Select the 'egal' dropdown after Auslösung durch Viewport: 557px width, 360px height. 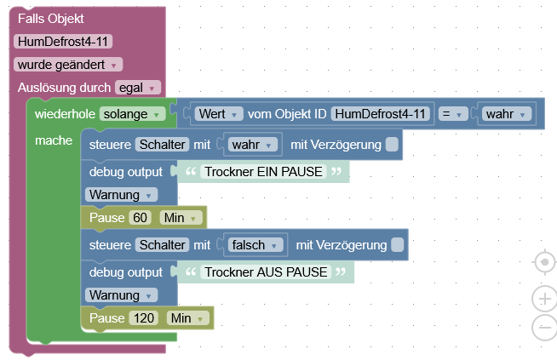coord(137,87)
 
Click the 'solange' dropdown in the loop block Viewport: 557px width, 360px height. coord(132,113)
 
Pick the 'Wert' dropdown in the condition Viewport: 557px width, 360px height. coord(219,113)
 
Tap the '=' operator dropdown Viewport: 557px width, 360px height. coord(449,113)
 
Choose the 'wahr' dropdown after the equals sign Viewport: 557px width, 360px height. coord(507,113)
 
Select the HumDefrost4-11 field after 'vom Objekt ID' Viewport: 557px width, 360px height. coord(380,113)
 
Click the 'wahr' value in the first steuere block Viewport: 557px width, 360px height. coord(253,145)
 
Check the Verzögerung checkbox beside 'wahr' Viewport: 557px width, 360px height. coord(391,145)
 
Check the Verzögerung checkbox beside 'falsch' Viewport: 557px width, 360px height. coord(396,245)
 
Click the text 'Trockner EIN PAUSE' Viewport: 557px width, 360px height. coord(263,171)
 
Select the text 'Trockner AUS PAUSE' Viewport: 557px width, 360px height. coord(265,271)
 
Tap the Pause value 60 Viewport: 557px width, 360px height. coord(141,218)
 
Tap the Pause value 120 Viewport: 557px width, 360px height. coord(144,318)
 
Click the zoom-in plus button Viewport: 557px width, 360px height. coord(543,299)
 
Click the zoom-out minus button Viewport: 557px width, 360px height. coord(543,327)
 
